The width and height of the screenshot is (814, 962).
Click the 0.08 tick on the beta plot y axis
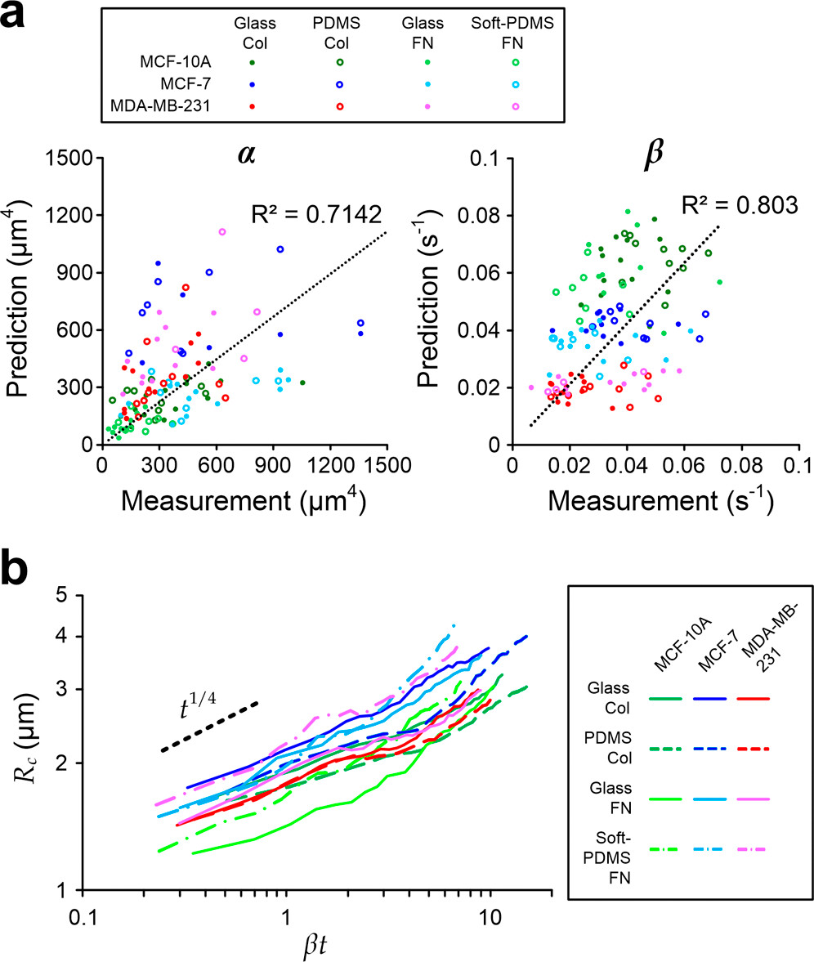click(482, 216)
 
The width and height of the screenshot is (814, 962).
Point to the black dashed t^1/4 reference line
click(210, 726)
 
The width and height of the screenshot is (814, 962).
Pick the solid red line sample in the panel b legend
click(753, 699)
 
